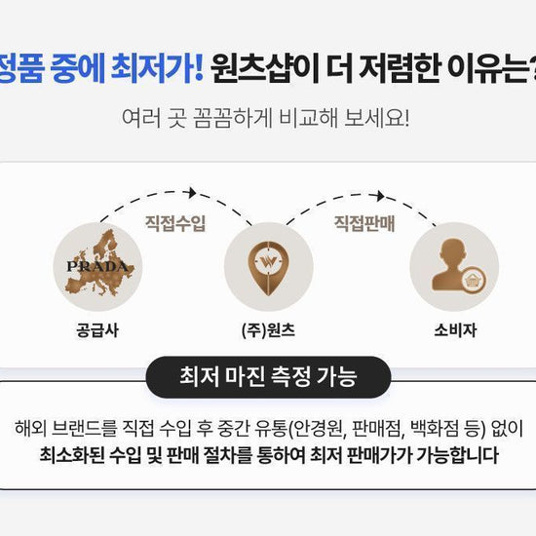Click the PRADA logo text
pyautogui.click(x=97, y=266)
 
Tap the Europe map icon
pyautogui.click(x=100, y=262)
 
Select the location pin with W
pyautogui.click(x=268, y=268)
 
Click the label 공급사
pyautogui.click(x=97, y=330)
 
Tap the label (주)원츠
pyautogui.click(x=268, y=330)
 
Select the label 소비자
pyautogui.click(x=455, y=330)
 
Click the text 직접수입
pyautogui.click(x=175, y=223)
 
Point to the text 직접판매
pyautogui.click(x=364, y=223)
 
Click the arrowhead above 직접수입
pyautogui.click(x=192, y=192)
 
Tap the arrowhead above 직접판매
pyautogui.click(x=380, y=196)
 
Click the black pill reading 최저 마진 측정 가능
pyautogui.click(x=268, y=377)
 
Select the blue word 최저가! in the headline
pyautogui.click(x=157, y=68)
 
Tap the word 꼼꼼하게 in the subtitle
pyautogui.click(x=233, y=118)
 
